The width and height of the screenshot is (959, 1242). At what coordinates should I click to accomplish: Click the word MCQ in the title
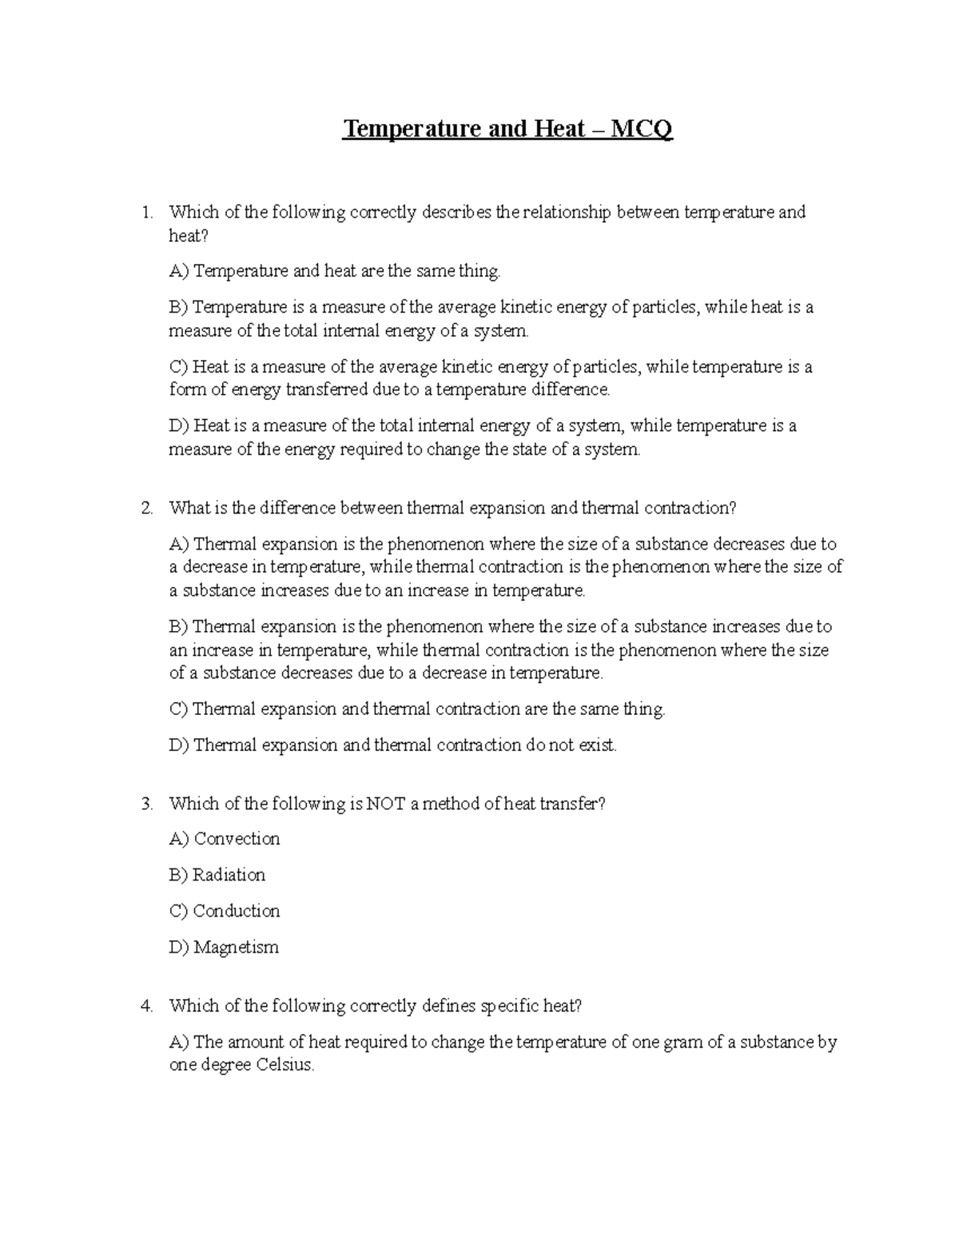point(642,129)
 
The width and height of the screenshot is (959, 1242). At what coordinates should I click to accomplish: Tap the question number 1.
point(145,213)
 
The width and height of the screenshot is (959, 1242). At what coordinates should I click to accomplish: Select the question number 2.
point(145,509)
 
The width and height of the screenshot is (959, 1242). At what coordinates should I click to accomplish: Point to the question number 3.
point(145,805)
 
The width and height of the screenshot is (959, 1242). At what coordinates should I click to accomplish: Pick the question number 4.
point(145,1006)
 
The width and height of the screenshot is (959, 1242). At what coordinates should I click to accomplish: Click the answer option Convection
point(237,839)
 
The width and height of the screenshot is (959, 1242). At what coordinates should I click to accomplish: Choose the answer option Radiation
point(229,875)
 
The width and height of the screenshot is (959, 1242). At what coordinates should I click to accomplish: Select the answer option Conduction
point(236,911)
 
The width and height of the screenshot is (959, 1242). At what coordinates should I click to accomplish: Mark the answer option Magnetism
point(236,948)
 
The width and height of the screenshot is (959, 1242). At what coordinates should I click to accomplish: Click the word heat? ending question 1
point(188,236)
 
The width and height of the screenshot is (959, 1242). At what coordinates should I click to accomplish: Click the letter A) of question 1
point(179,272)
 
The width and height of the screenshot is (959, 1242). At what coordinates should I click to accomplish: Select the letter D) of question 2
point(179,745)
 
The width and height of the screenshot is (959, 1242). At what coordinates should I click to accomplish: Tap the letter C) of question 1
point(179,367)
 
